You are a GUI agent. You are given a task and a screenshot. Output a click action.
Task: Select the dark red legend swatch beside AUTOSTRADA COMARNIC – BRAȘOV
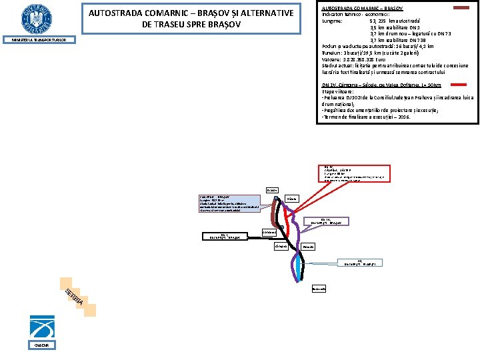(461, 7)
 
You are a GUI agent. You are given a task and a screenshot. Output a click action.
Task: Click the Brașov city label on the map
(273, 191)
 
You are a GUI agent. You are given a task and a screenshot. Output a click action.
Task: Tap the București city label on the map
(319, 289)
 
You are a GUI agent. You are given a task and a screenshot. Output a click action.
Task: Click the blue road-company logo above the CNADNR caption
(42, 324)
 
